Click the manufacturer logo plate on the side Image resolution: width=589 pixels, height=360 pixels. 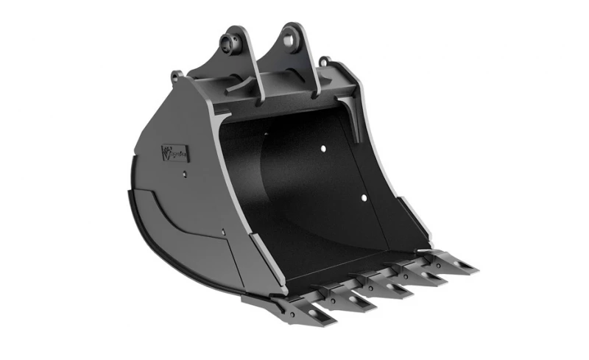click(175, 154)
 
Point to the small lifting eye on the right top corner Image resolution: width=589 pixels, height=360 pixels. click(325, 61)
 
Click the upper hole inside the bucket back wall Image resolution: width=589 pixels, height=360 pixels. click(322, 149)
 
